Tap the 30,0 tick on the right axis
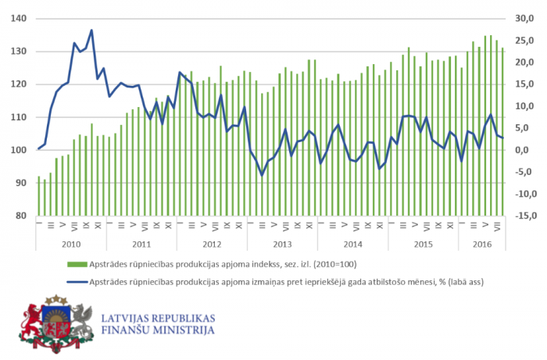click(523, 19)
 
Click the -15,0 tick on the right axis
click(523, 216)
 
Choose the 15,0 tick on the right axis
click(523, 84)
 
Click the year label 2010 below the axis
click(71, 244)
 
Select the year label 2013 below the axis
click(282, 244)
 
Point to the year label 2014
click(352, 244)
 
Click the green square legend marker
click(73, 264)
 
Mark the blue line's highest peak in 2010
click(91, 30)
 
